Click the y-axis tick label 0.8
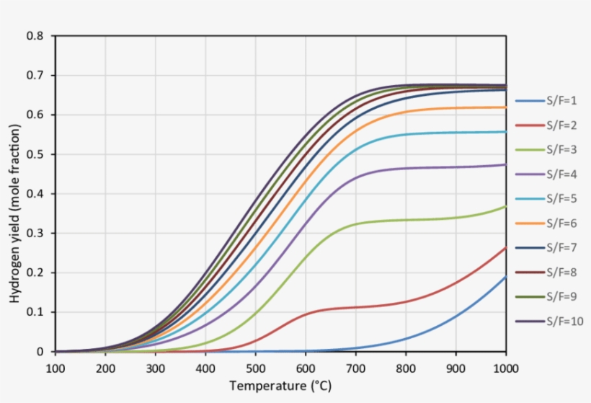35,36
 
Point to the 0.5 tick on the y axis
35,154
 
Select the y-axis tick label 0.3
35,234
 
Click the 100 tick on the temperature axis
55,368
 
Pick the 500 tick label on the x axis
256,368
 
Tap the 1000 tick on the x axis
506,368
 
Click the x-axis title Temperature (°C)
280,386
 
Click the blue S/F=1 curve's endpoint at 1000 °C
506,277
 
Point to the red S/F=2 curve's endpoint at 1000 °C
506,248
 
